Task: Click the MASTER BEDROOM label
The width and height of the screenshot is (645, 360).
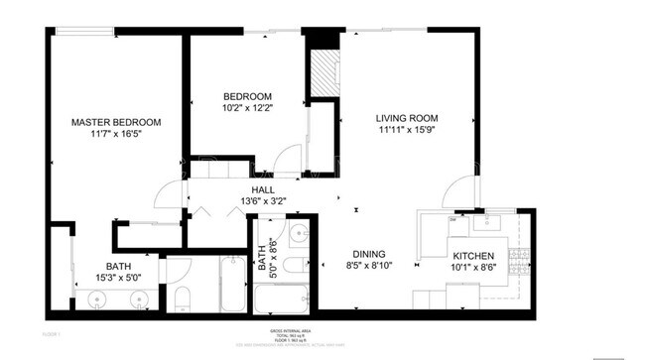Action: (x=115, y=122)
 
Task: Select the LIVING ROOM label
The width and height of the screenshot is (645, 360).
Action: (x=406, y=118)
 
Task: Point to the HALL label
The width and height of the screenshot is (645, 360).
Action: (x=262, y=189)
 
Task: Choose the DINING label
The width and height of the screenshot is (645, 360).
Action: (x=366, y=253)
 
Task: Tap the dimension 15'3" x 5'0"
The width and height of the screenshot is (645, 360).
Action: (x=120, y=279)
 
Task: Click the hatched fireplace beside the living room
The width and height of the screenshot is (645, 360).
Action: (x=324, y=73)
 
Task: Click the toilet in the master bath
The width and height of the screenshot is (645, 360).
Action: (x=182, y=297)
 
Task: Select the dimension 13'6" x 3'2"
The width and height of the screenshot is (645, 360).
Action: (x=262, y=202)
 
